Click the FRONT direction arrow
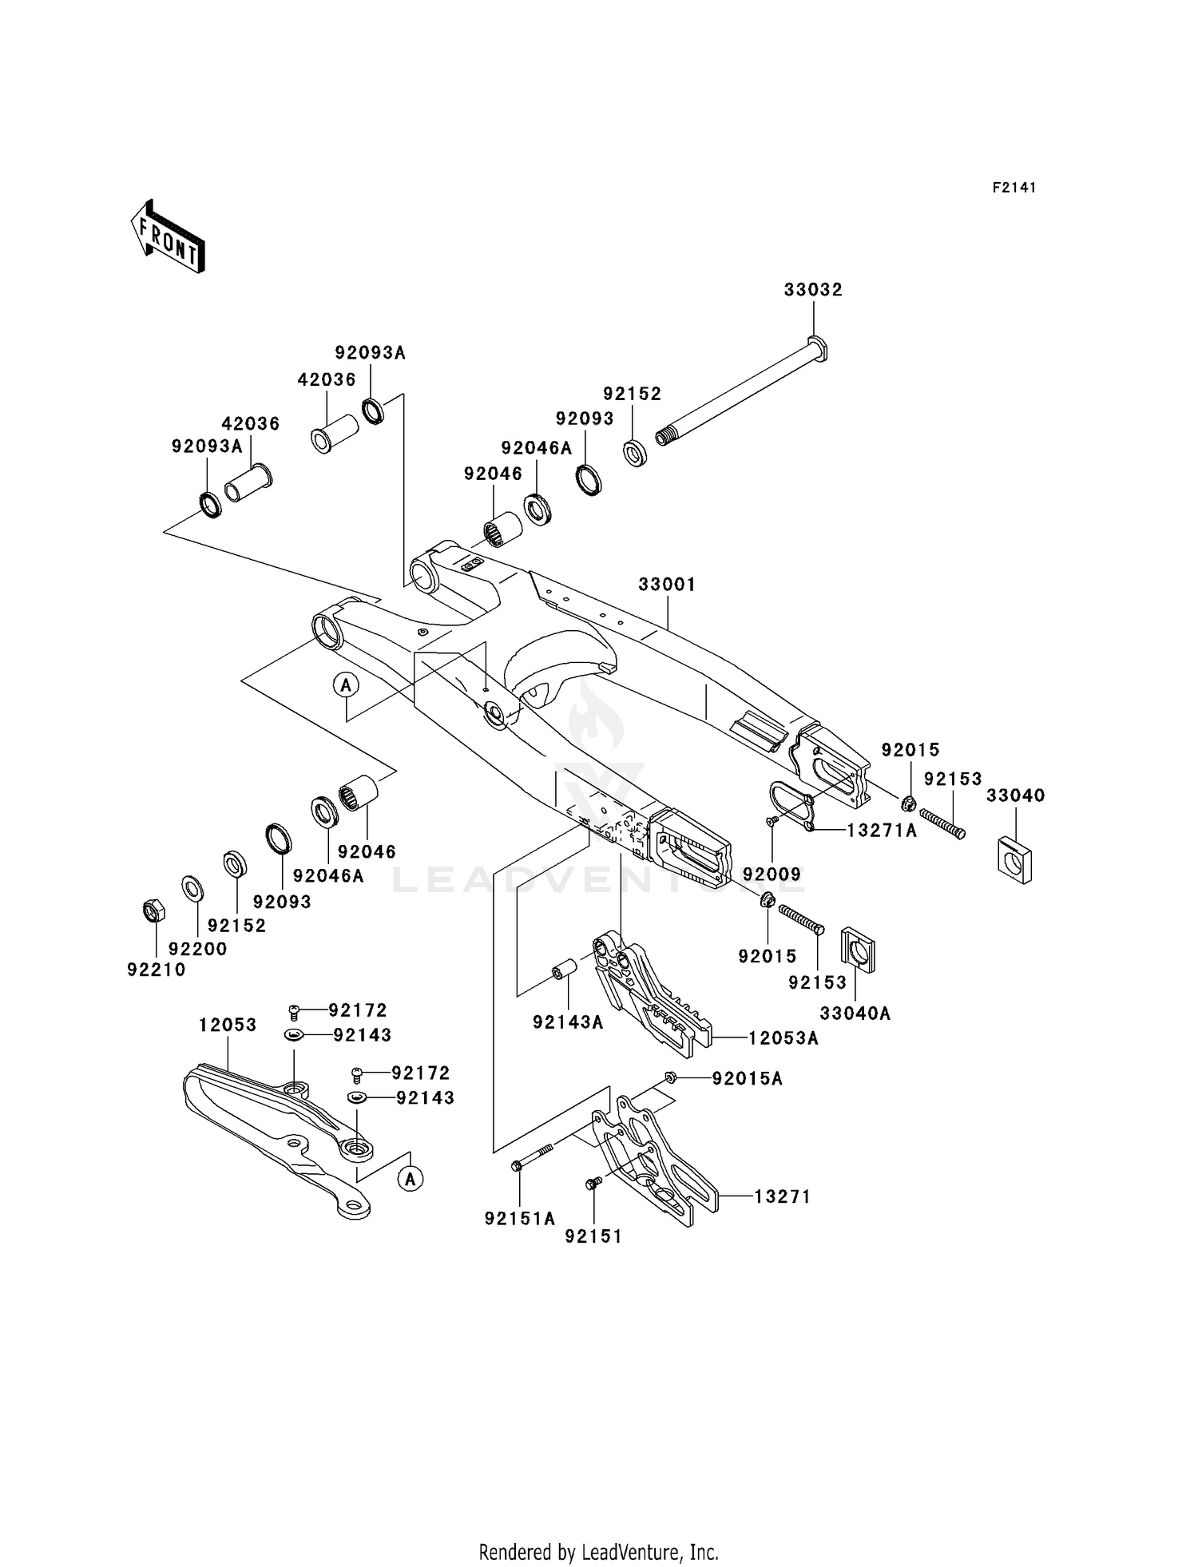(168, 239)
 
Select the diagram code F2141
(1014, 188)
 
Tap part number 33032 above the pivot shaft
(812, 290)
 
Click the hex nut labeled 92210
(153, 910)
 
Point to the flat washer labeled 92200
(192, 888)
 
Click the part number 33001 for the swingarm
(667, 585)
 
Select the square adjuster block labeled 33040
(1015, 860)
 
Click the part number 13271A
(882, 831)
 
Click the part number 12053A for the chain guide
(783, 1038)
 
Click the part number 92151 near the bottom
(593, 1236)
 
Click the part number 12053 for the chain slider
(228, 1025)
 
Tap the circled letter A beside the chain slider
(411, 1178)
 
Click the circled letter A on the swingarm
(346, 684)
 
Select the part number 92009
(772, 875)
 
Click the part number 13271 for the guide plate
(783, 1196)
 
